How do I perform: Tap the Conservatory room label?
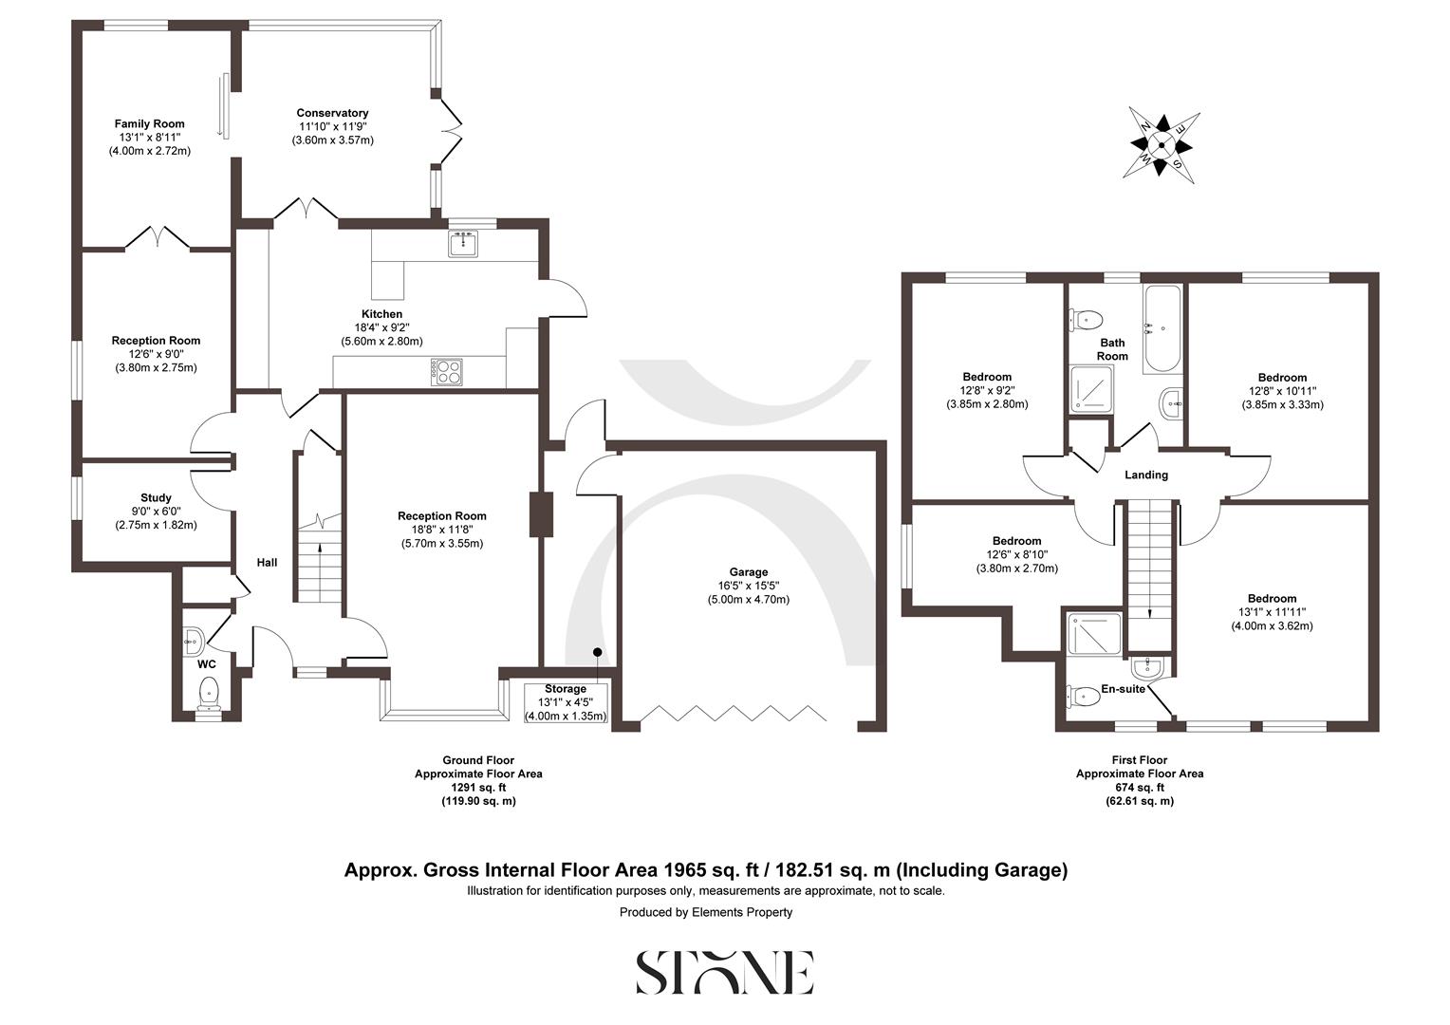pyautogui.click(x=332, y=113)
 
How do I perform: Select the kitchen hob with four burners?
pyautogui.click(x=446, y=371)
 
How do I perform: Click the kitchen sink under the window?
pyautogui.click(x=463, y=244)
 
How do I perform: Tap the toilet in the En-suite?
pyautogui.click(x=1080, y=697)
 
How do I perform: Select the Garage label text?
pyautogui.click(x=748, y=572)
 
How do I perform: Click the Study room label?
pyautogui.click(x=156, y=497)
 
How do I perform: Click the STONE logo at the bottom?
pyautogui.click(x=724, y=972)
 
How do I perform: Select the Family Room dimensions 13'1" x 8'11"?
pyautogui.click(x=150, y=137)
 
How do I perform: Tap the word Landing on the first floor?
pyautogui.click(x=1145, y=475)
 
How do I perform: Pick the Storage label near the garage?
pyautogui.click(x=566, y=689)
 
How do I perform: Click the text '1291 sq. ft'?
pyautogui.click(x=478, y=788)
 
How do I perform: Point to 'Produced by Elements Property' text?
pyautogui.click(x=705, y=912)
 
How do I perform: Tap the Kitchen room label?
pyautogui.click(x=381, y=314)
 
